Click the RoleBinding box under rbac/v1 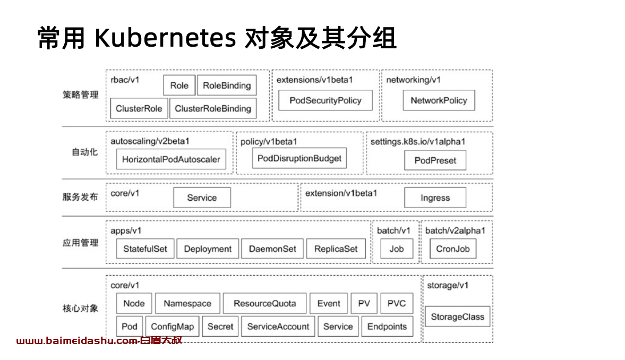coord(227,85)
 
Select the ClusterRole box coord(139,108)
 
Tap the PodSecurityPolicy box coord(326,100)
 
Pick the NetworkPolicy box coord(439,100)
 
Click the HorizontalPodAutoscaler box coord(171,159)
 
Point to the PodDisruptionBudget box coord(299,158)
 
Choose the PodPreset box coord(435,160)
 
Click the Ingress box coord(435,198)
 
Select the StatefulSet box coord(145,249)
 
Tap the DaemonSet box coord(272,249)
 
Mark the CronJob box coord(453,249)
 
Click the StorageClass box coord(457,316)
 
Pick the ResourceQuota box coord(264,303)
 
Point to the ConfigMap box coord(172,327)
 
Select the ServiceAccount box coord(278,327)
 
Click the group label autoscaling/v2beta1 coord(150,141)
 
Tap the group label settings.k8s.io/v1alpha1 coord(418,142)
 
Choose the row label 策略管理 coord(80,95)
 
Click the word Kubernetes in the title coord(165,38)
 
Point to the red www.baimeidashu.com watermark coord(99,340)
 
